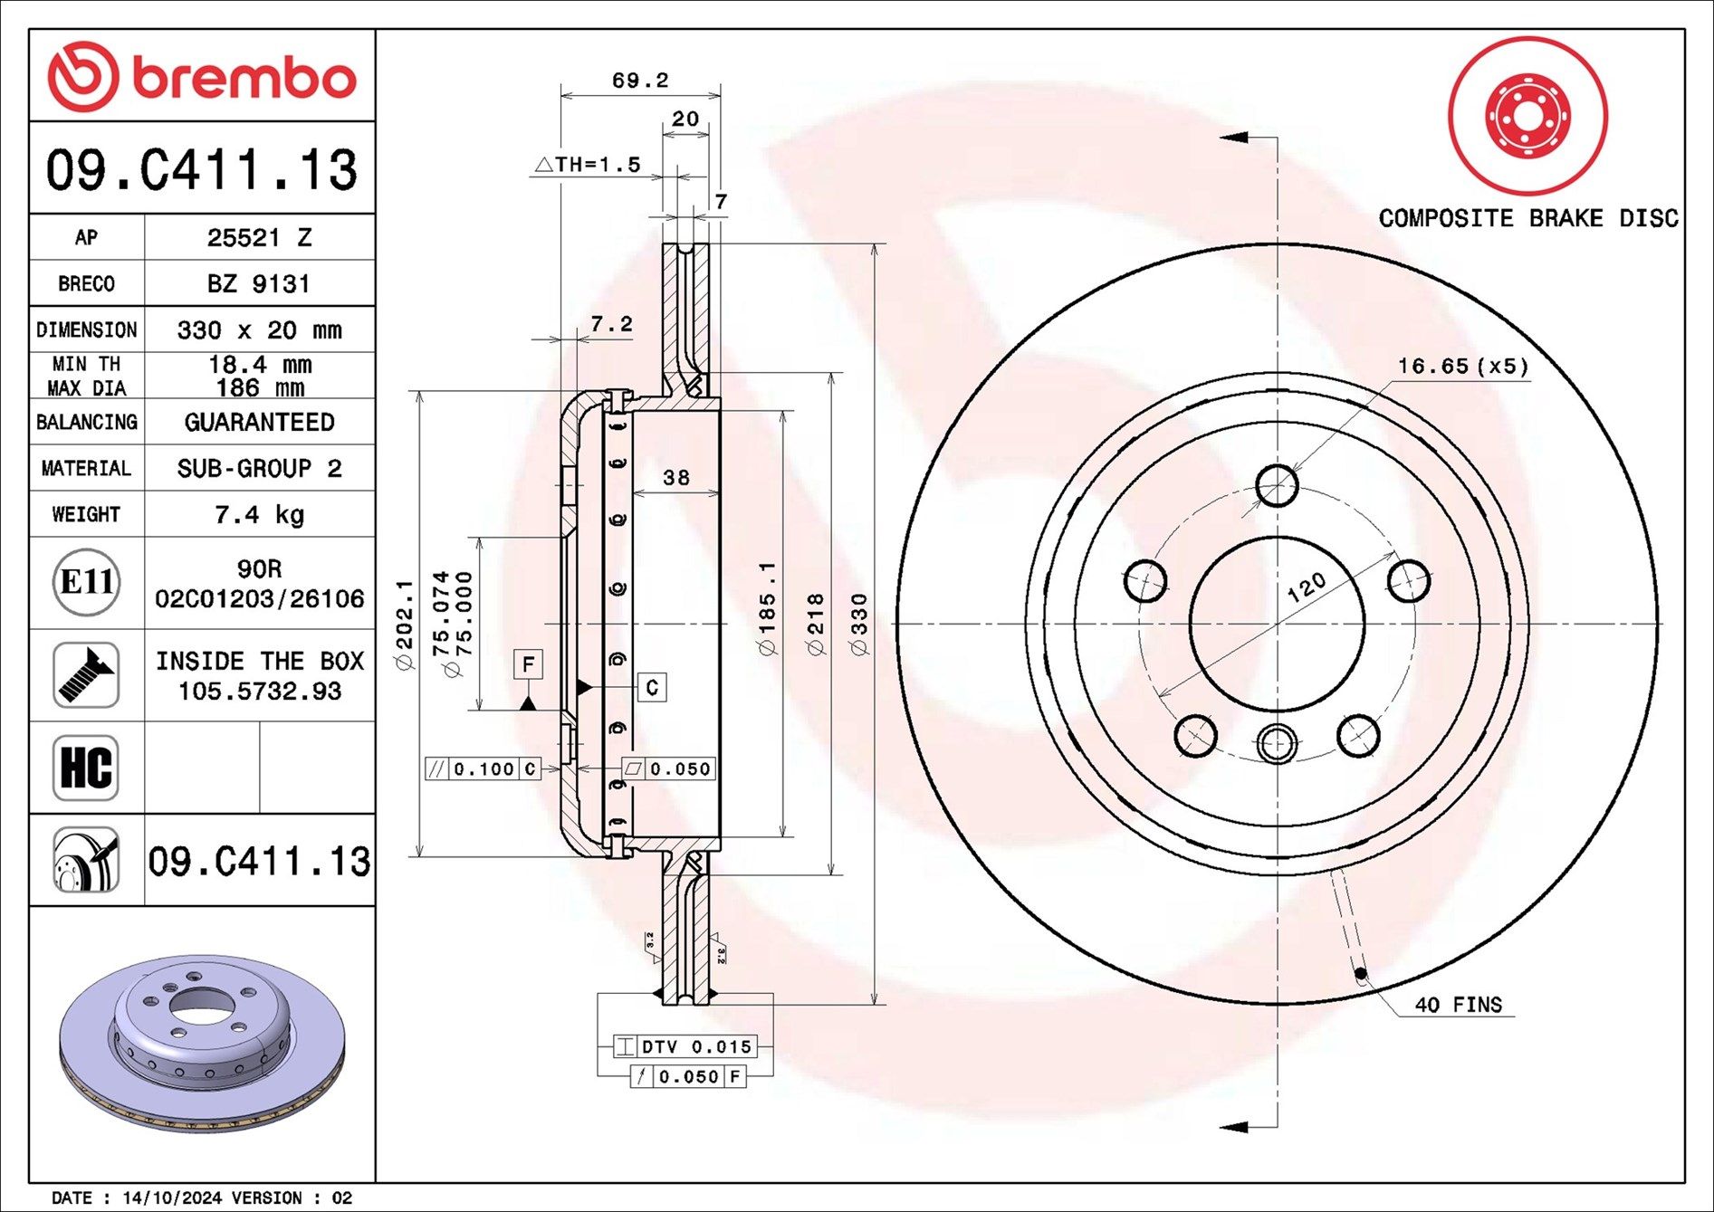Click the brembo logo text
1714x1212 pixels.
coord(243,79)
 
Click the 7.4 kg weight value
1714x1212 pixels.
coord(259,515)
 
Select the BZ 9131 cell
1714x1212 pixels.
coord(259,284)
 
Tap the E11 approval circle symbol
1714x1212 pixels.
coord(86,582)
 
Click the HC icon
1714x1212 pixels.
coord(86,768)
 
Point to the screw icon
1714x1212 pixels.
coord(86,675)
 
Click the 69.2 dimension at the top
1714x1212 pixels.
coord(639,81)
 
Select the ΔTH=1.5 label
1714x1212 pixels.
coord(589,165)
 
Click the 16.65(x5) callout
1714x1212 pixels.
coord(1462,366)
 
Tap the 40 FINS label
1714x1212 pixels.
coord(1458,1005)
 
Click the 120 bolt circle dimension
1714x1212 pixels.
coord(1306,587)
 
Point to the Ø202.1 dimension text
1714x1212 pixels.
coord(405,625)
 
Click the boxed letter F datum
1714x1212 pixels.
coord(528,664)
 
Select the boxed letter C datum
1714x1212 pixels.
coord(652,688)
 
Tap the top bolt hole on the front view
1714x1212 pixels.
coord(1277,485)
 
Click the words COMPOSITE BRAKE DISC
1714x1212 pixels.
coord(1527,218)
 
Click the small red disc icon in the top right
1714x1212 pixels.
coord(1527,116)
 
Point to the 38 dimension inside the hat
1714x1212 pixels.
coord(675,477)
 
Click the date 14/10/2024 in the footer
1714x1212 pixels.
coord(171,1198)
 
